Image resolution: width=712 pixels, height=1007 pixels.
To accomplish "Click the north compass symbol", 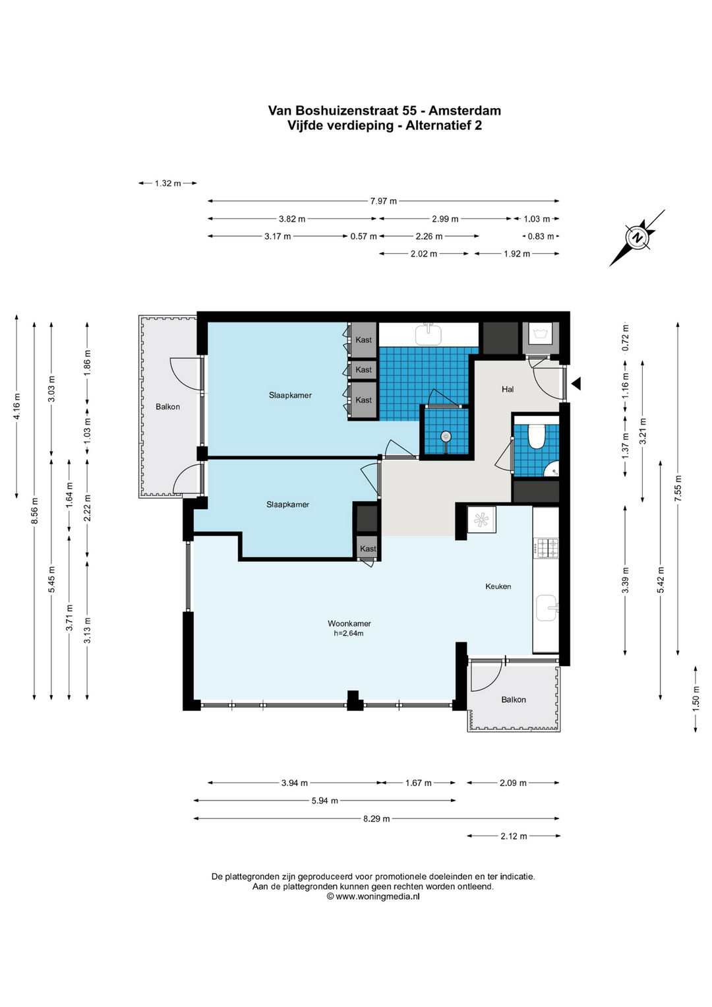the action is [x=637, y=238].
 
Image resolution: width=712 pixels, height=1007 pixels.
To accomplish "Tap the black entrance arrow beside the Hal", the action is [x=576, y=383].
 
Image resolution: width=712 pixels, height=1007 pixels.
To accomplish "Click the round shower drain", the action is [x=446, y=436].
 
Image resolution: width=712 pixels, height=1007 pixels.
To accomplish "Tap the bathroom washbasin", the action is [x=429, y=334].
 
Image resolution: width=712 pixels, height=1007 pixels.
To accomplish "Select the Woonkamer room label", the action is [x=349, y=624].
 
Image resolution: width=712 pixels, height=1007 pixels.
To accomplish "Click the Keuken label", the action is [x=498, y=586].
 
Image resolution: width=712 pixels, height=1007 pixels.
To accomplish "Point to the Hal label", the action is [x=508, y=389].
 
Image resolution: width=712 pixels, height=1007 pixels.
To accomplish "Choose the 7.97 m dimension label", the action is [x=384, y=201].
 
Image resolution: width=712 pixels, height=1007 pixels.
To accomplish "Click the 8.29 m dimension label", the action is [x=376, y=818].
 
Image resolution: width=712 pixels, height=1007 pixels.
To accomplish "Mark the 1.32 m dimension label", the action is [x=167, y=183].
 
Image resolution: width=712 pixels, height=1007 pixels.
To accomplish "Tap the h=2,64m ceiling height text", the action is [x=348, y=633].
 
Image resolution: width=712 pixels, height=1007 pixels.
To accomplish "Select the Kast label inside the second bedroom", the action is [x=368, y=549].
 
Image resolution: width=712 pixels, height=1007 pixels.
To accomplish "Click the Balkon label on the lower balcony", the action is [x=514, y=700].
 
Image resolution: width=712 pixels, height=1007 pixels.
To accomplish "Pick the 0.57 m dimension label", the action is [x=364, y=237].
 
